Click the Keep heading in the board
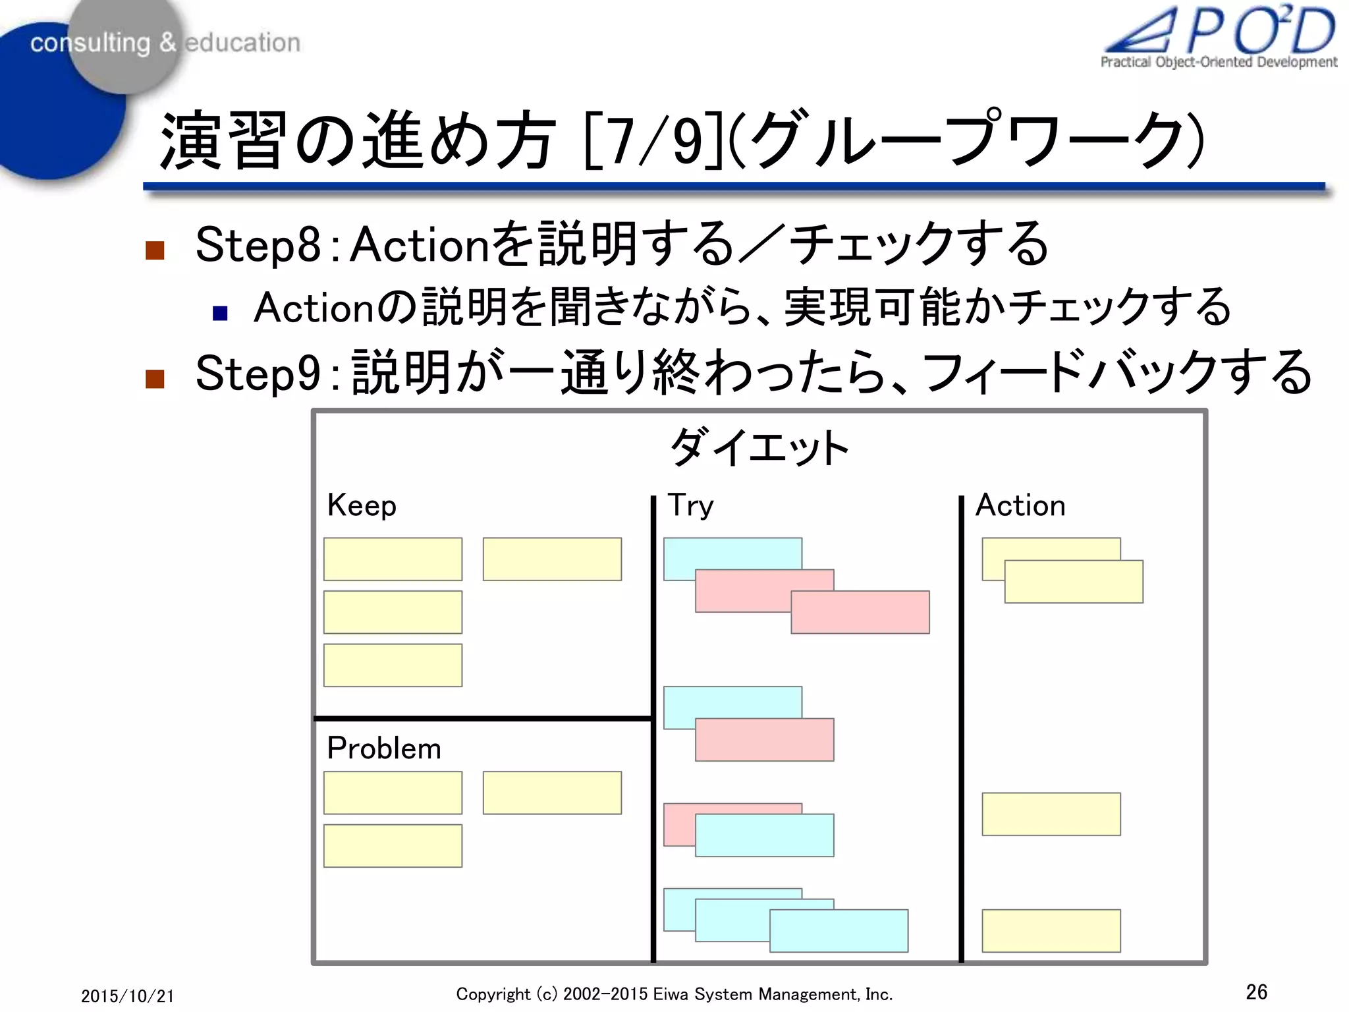point(362,506)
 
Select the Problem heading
point(384,748)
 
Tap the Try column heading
point(690,506)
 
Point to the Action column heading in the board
point(1020,506)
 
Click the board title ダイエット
point(759,448)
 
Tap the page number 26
point(1256,992)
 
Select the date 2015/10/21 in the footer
point(128,996)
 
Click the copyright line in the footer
point(674,994)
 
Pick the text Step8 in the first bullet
point(258,244)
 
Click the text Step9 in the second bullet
point(258,373)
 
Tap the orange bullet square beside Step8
point(155,250)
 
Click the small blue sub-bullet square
point(220,312)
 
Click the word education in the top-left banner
point(242,43)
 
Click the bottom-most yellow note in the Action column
point(1051,930)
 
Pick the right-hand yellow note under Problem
point(552,793)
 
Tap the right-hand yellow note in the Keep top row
point(552,559)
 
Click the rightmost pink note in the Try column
point(860,612)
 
